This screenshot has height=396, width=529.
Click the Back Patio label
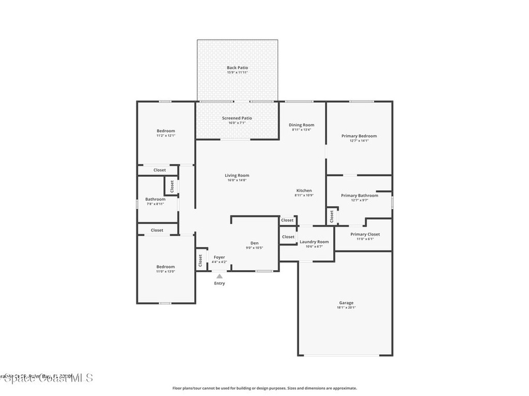(237, 68)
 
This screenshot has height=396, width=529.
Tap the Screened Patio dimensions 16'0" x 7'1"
(237, 123)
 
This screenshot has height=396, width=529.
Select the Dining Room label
(301, 125)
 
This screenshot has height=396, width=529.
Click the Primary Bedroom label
(359, 136)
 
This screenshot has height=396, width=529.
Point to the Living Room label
(237, 175)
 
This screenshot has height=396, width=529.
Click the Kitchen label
(304, 190)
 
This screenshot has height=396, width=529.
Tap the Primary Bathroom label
(360, 195)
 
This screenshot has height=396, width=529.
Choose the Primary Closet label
(365, 234)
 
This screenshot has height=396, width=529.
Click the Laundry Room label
(314, 241)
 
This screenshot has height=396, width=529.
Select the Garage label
(346, 303)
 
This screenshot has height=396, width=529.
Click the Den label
(255, 243)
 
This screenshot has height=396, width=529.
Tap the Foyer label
(220, 257)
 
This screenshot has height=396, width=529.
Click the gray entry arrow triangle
(220, 276)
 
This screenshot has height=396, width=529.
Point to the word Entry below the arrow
(220, 283)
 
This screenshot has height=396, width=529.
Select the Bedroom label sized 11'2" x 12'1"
(166, 131)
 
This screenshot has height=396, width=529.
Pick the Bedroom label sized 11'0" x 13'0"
(166, 267)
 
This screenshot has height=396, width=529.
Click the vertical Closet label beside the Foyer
(200, 260)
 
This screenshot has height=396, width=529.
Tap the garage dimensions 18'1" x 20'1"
(346, 308)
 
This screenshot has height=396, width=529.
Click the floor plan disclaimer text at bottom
(264, 388)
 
